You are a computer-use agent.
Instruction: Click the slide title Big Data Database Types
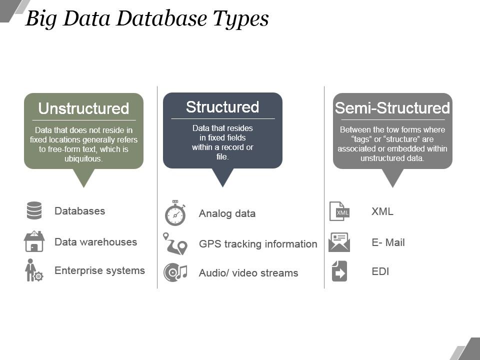[x=147, y=19]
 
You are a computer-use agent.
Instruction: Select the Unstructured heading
[x=83, y=108]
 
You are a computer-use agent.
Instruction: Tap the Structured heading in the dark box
[x=222, y=107]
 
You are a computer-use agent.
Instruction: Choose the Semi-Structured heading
[x=392, y=108]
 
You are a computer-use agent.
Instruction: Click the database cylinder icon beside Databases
[x=34, y=210]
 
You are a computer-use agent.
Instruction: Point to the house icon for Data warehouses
[x=34, y=241]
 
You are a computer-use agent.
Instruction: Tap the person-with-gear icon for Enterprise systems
[x=33, y=270]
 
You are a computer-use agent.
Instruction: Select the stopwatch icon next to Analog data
[x=175, y=213]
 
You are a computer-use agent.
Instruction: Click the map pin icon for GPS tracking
[x=175, y=243]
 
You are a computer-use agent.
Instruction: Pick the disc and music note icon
[x=175, y=272]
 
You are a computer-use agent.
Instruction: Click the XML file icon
[x=339, y=211]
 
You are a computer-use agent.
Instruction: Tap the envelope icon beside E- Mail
[x=339, y=242]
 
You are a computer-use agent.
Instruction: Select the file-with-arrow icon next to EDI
[x=339, y=271]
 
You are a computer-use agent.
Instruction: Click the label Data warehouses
[x=95, y=242]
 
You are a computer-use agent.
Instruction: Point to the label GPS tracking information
[x=258, y=244]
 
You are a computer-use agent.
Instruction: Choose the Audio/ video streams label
[x=248, y=273]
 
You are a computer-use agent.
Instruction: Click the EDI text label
[x=380, y=271]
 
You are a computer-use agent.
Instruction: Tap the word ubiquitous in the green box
[x=83, y=159]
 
